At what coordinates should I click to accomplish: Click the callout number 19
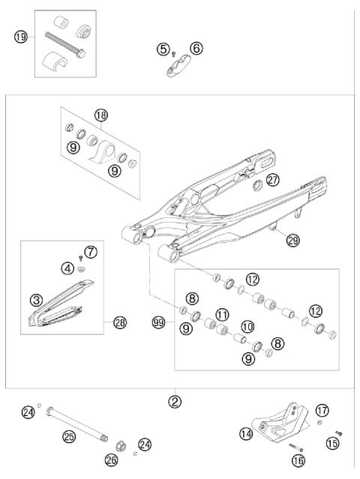pos(22,36)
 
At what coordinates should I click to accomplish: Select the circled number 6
pos(196,48)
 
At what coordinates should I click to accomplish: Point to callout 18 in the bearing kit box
pos(101,115)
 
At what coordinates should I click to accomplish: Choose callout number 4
pos(68,267)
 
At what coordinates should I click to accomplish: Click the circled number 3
pos(35,299)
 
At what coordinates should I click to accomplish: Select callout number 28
pos(120,323)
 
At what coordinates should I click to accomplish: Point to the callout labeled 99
pos(157,322)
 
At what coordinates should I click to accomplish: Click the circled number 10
pos(247,326)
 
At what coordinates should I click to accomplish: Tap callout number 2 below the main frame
pos(175,401)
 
